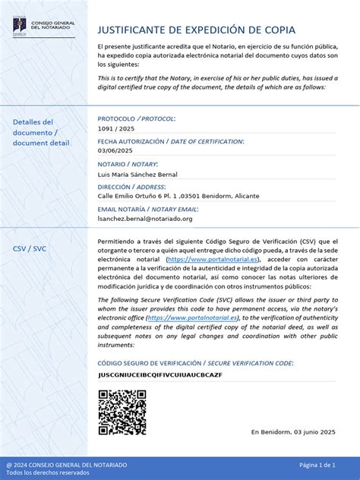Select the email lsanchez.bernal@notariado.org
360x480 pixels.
(x=145, y=219)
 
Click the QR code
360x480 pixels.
(x=122, y=412)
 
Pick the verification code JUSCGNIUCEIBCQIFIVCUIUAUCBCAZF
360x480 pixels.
(x=159, y=375)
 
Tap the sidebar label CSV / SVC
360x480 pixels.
(x=30, y=248)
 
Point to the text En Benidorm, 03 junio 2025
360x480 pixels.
(x=293, y=431)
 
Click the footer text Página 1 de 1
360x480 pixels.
(x=317, y=464)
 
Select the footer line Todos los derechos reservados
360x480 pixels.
(x=48, y=472)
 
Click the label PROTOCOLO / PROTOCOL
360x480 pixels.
(x=137, y=118)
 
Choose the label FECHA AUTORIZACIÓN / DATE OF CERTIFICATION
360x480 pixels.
(x=171, y=141)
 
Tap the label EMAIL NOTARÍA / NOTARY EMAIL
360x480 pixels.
(x=148, y=209)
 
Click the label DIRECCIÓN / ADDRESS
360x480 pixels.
(x=131, y=186)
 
